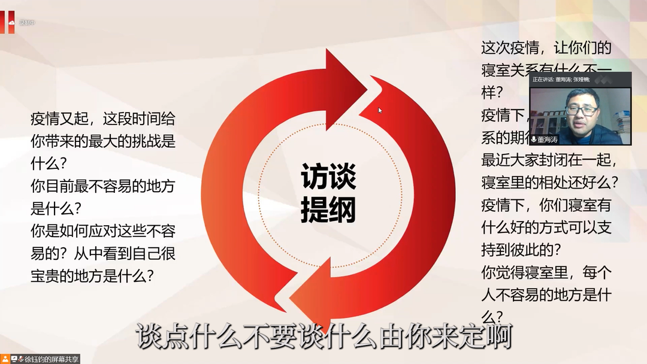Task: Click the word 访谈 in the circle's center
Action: click(328, 177)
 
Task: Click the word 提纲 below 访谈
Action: click(328, 209)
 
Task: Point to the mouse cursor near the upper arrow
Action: click(380, 110)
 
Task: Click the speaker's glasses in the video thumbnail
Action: click(581, 111)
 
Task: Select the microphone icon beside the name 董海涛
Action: click(533, 139)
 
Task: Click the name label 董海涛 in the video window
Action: click(548, 139)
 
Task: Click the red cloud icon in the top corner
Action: click(11, 22)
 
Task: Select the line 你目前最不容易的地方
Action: click(103, 186)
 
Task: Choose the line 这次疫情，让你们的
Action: click(546, 47)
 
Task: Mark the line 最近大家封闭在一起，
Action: click(549, 160)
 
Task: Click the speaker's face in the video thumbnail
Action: click(580, 115)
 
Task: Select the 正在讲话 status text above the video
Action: click(543, 79)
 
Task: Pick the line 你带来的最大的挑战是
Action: click(103, 141)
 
